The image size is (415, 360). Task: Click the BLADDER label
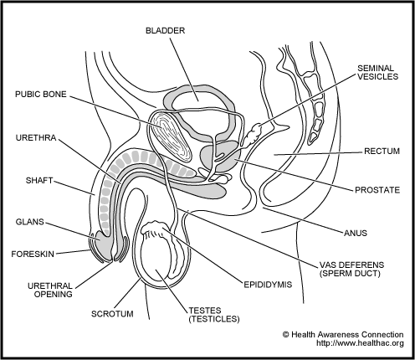tap(165, 30)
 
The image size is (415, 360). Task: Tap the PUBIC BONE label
tap(41, 95)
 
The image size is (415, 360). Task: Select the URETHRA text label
tap(36, 138)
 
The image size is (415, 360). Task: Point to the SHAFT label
tap(39, 181)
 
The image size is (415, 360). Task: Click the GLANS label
tap(30, 222)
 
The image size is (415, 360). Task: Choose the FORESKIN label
tap(33, 255)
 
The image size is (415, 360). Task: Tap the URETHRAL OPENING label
tap(50, 291)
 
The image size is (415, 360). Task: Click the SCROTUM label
tap(112, 314)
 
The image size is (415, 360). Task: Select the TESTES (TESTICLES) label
tap(214, 315)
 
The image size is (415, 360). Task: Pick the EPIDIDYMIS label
tap(268, 285)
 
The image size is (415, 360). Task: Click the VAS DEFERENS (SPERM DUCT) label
tap(351, 269)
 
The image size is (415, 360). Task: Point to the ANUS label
tap(356, 233)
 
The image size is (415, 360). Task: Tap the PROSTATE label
tap(377, 190)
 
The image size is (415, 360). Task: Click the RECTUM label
tap(382, 152)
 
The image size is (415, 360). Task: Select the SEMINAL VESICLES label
tap(378, 72)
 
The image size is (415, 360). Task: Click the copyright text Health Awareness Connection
tap(343, 335)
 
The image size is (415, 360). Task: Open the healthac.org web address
tap(360, 343)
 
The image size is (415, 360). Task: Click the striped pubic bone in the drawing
tap(171, 136)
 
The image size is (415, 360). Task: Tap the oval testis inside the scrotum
tap(156, 257)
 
